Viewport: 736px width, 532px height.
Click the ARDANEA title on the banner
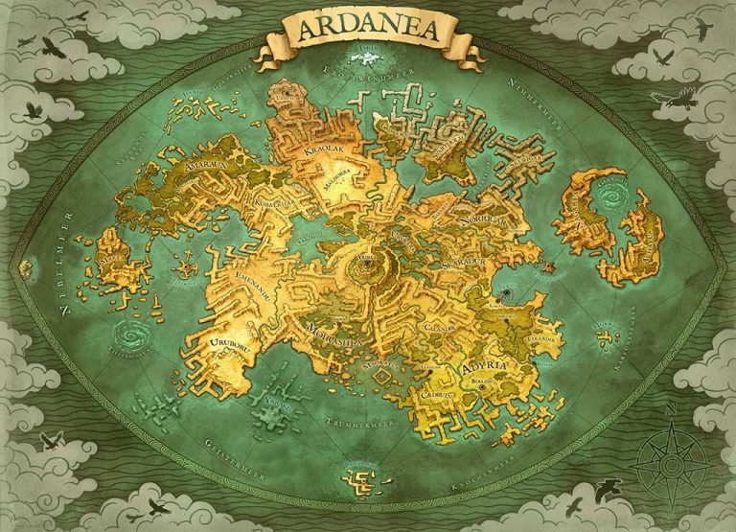(367, 28)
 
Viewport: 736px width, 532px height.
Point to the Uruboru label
(227, 341)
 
